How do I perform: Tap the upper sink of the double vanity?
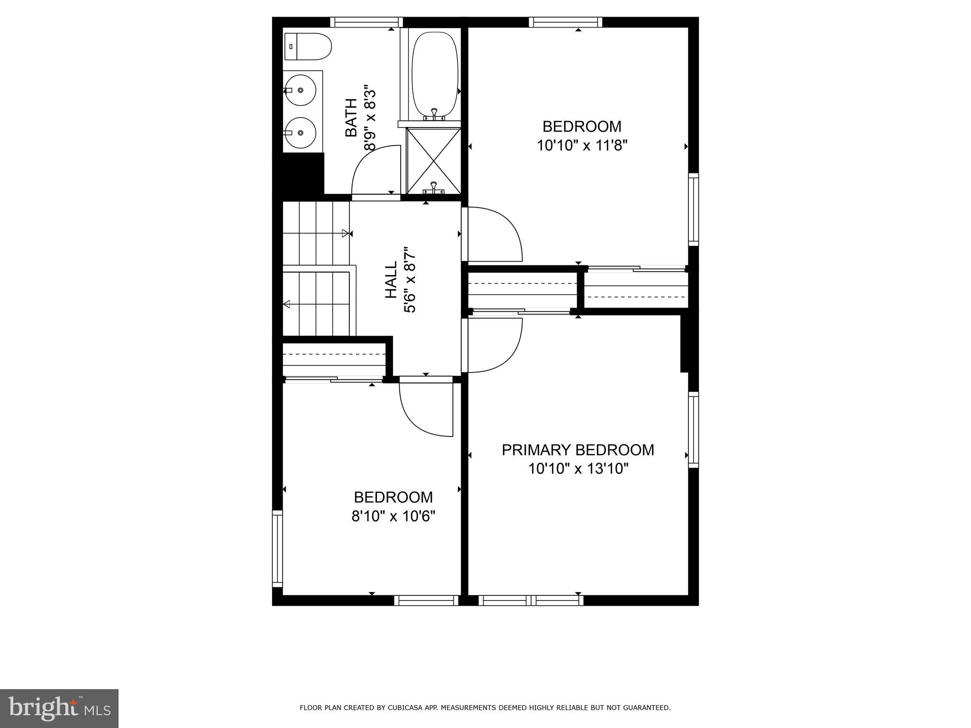[300, 90]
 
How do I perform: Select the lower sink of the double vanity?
[300, 133]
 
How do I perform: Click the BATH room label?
[351, 118]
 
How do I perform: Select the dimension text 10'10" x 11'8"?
[582, 145]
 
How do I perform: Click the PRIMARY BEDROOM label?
[578, 450]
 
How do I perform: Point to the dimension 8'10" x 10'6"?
[393, 516]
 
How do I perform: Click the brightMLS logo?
[59, 708]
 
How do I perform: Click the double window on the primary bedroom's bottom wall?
[531, 600]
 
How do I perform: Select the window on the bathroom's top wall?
[366, 22]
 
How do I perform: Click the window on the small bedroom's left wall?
[277, 548]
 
